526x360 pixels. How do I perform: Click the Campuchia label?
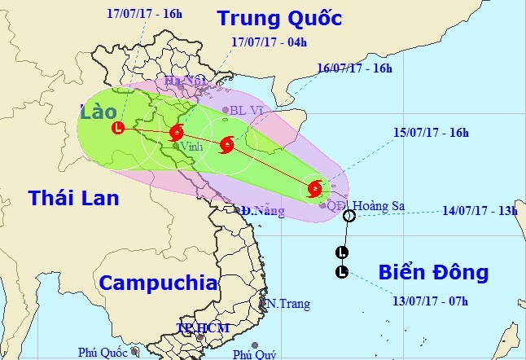tap(158, 283)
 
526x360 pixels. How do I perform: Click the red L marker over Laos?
tap(120, 127)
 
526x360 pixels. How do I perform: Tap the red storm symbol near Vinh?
tap(177, 134)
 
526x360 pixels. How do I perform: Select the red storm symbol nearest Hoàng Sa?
tap(315, 190)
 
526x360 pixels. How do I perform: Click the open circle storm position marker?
tap(348, 216)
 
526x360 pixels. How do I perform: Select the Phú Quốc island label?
tap(103, 352)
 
